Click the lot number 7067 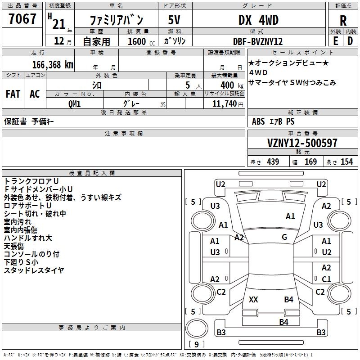[x=22, y=18]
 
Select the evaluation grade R [x=343, y=21]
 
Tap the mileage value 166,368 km [x=53, y=65]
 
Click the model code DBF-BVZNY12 [x=257, y=41]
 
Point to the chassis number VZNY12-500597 [x=302, y=143]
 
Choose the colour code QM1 [x=74, y=104]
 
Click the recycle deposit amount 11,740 [x=225, y=104]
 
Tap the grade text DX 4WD [x=258, y=20]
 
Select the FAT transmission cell [x=13, y=94]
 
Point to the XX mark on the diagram [x=253, y=299]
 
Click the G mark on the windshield [x=284, y=237]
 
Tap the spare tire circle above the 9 [x=197, y=328]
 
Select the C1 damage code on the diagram [x=326, y=279]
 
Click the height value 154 [x=346, y=162]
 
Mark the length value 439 [x=273, y=162]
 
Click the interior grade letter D [x=350, y=41]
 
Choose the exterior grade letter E [x=335, y=41]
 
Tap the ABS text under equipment [x=258, y=121]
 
